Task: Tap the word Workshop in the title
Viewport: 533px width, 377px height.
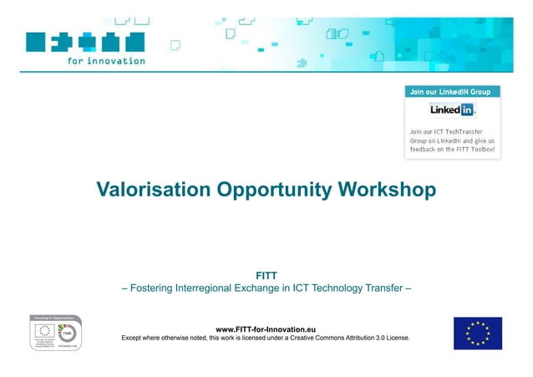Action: (x=388, y=190)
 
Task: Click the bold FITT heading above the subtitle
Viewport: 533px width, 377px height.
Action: (x=266, y=274)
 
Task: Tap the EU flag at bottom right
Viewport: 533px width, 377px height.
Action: (x=477, y=333)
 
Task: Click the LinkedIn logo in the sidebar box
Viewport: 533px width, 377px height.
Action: (x=452, y=110)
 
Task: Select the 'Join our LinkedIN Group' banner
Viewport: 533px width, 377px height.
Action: (x=453, y=90)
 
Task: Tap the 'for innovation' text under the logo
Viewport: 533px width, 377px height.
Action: (x=106, y=60)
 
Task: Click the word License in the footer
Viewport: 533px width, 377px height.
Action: (x=393, y=339)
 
